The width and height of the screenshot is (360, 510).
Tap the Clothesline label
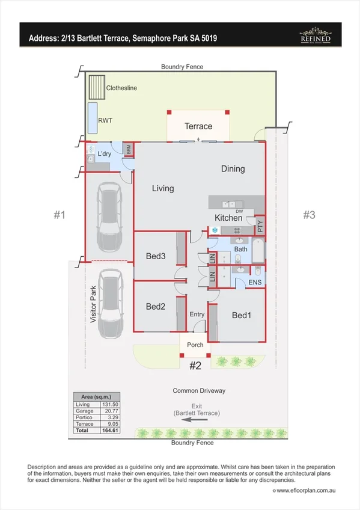tap(121, 88)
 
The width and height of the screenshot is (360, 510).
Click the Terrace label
tap(198, 126)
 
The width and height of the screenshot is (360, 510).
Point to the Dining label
tap(233, 169)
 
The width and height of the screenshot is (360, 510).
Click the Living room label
tap(162, 188)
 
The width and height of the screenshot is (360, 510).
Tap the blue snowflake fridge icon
tap(215, 230)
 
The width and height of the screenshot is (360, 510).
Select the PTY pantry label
tap(260, 226)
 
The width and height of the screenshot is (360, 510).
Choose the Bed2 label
tap(156, 307)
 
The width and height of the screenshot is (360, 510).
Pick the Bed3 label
tap(156, 256)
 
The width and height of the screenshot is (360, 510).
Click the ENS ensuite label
tap(255, 281)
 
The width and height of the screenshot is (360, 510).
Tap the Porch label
tap(195, 345)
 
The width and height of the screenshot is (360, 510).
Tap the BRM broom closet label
tap(129, 150)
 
